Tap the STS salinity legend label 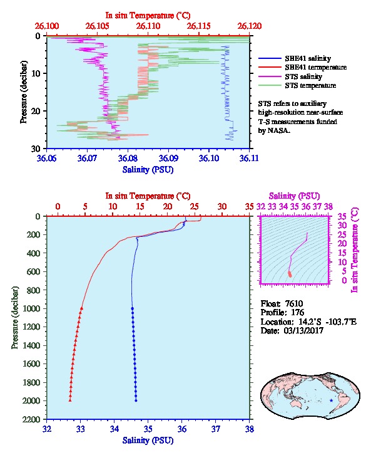(303, 76)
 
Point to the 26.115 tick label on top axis (199, 26)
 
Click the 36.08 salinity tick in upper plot (128, 158)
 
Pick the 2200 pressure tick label (31, 419)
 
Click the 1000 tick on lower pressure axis (31, 308)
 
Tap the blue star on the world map (332, 400)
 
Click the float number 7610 (294, 303)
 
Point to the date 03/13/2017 (303, 330)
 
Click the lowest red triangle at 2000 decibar (70, 400)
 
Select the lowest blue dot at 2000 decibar (136, 400)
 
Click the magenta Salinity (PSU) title (294, 196)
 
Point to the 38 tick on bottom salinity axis (250, 429)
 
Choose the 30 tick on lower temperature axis (222, 206)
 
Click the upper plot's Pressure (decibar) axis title (23, 92)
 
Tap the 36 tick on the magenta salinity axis (306, 206)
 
